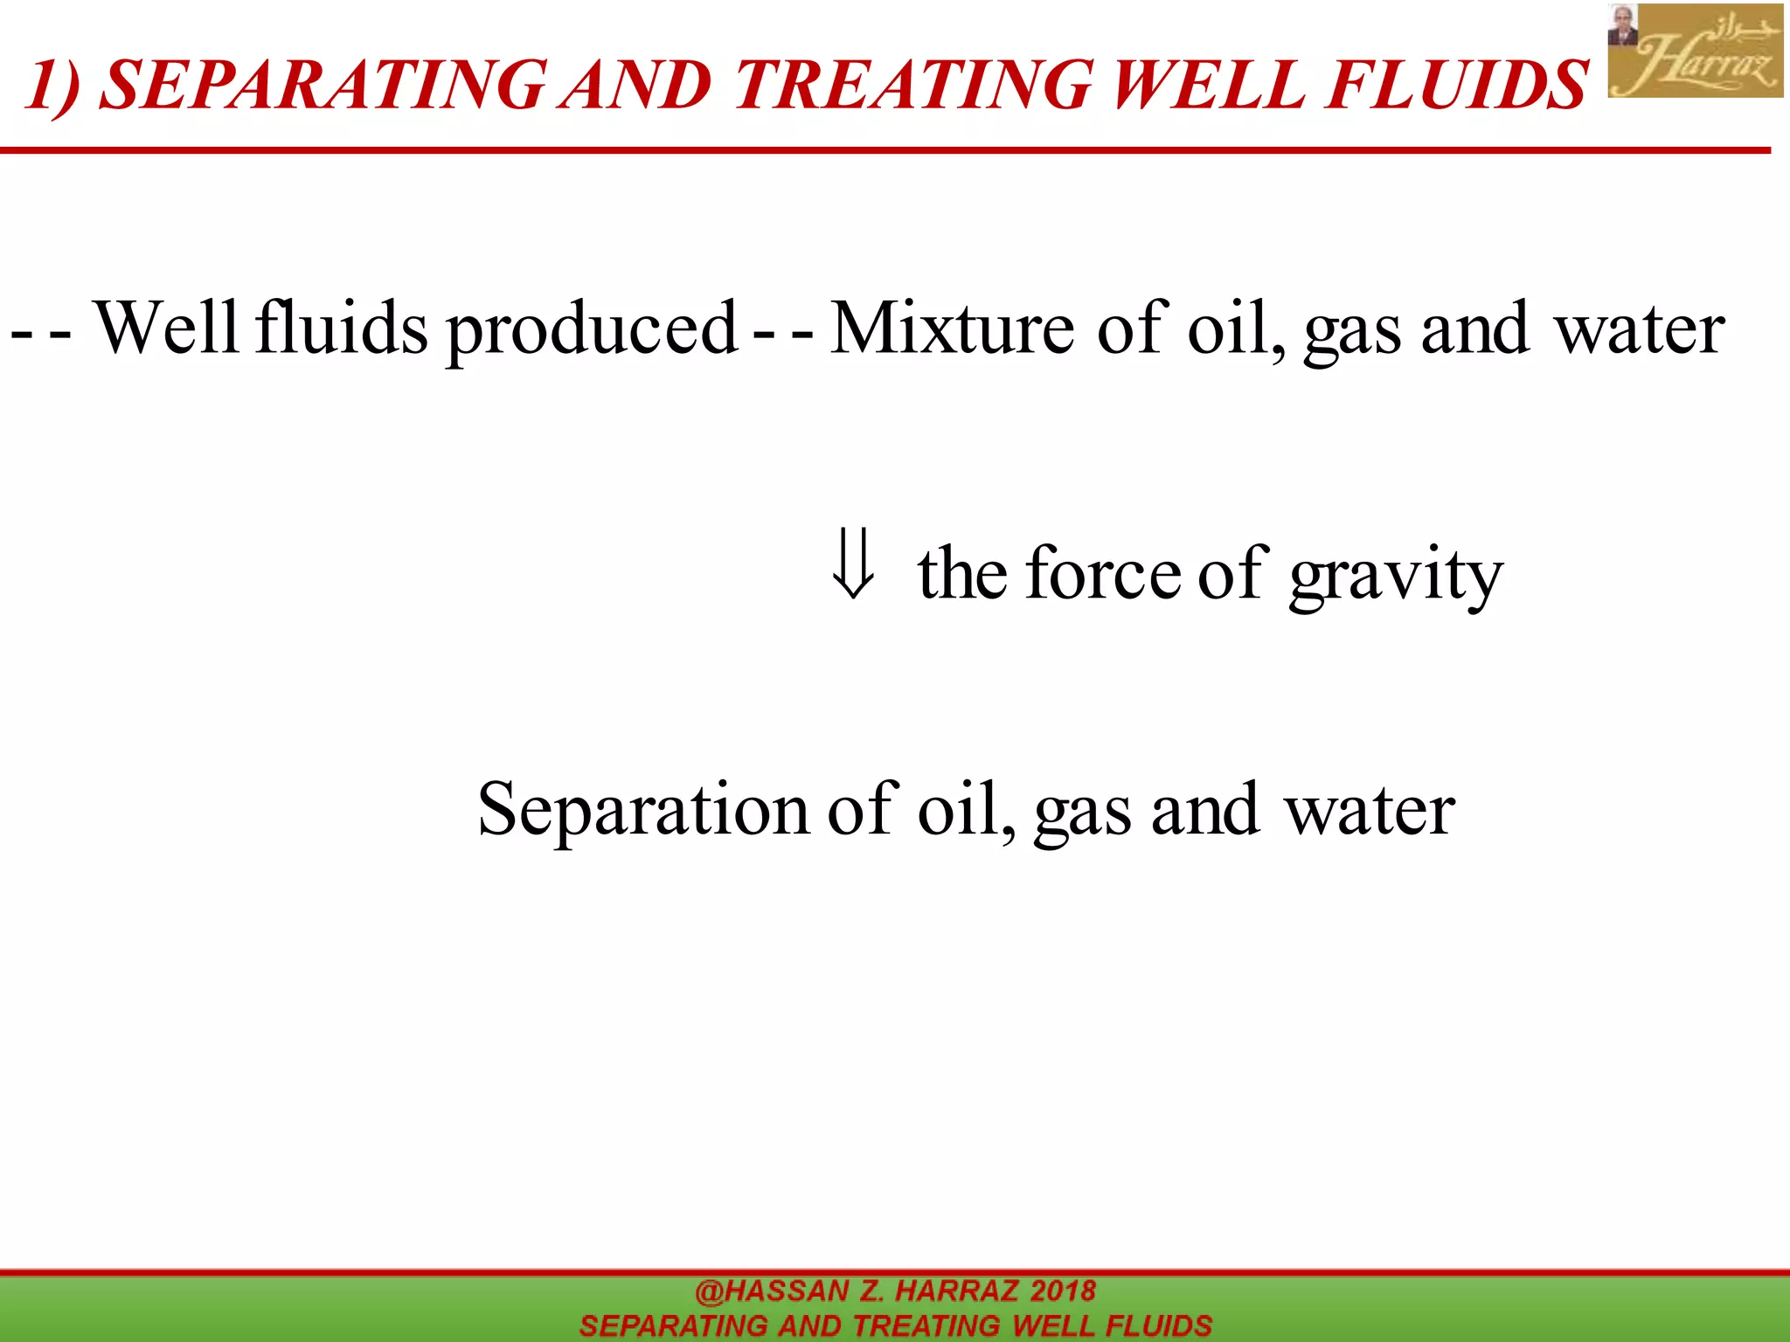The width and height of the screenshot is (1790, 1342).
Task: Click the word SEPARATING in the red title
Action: (323, 86)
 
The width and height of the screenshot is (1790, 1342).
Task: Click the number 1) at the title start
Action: (54, 86)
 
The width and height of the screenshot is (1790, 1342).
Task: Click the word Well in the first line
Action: (165, 328)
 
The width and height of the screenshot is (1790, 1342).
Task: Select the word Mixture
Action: (951, 328)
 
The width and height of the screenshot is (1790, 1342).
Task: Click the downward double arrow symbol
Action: (852, 564)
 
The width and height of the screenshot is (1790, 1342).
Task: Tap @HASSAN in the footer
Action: (772, 1290)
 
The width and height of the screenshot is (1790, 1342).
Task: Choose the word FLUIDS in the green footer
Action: (1158, 1325)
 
